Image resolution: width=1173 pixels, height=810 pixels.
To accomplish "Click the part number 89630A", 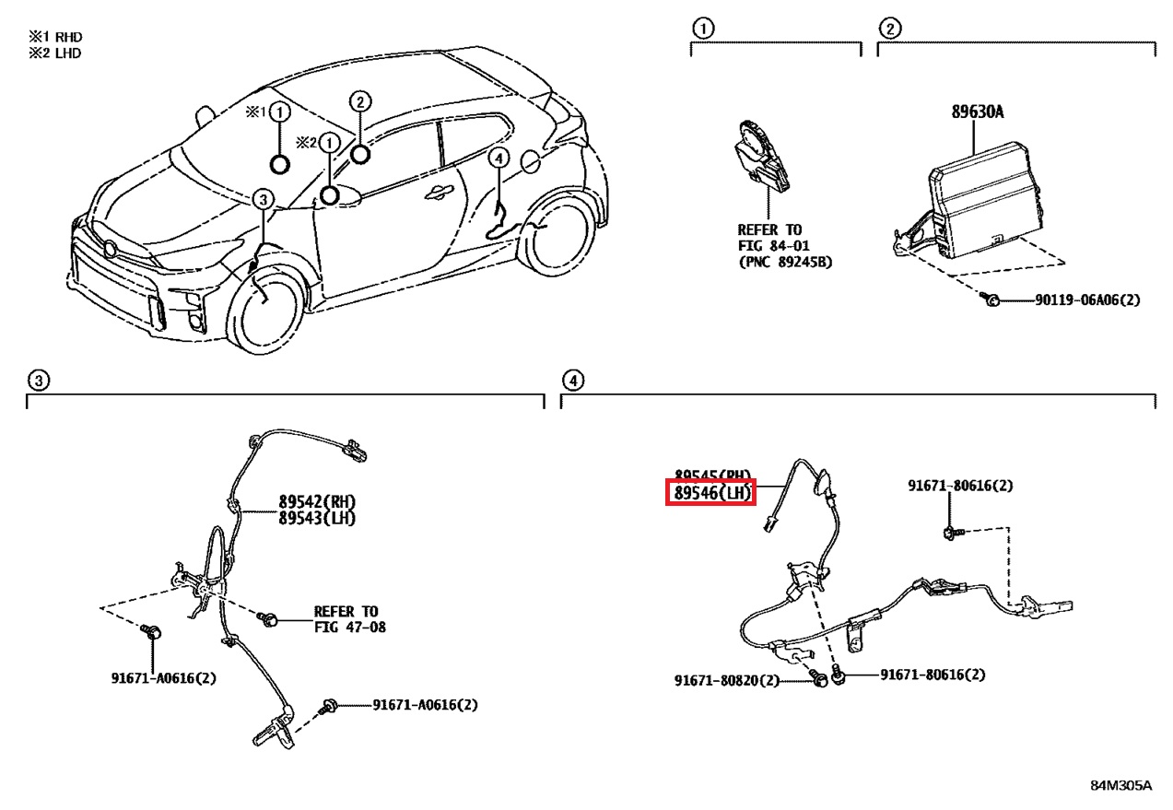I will (x=978, y=112).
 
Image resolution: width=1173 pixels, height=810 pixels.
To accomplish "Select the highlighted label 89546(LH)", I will (x=711, y=493).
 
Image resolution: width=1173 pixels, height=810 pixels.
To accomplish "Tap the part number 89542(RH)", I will (x=317, y=501).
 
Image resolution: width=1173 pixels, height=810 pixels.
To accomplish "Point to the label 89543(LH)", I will (x=317, y=518).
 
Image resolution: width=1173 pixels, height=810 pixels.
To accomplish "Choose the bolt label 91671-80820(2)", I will (x=727, y=680).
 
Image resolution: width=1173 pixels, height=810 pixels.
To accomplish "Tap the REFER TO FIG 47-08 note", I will (x=348, y=619).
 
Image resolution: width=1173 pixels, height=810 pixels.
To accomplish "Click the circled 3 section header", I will (x=37, y=380).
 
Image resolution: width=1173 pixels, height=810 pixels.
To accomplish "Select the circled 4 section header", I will (x=572, y=380).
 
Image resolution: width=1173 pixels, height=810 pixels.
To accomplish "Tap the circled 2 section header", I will (x=888, y=28).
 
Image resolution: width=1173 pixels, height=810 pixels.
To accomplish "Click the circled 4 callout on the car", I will (x=498, y=158).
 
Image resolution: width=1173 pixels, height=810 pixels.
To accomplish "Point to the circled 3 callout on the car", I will (x=263, y=199).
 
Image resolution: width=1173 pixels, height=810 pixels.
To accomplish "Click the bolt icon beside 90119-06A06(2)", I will (x=992, y=300).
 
